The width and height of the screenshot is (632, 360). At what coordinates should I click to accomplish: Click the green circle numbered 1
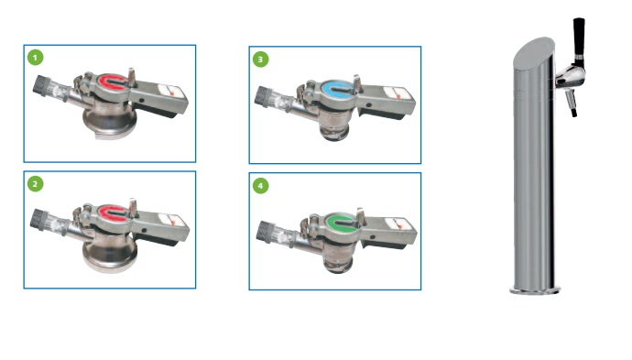(x=35, y=58)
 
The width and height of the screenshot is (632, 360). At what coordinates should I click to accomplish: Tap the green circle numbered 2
(x=35, y=184)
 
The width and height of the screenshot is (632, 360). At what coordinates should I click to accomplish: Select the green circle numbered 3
(x=260, y=60)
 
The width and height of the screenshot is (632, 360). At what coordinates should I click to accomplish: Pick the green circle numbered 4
(x=260, y=186)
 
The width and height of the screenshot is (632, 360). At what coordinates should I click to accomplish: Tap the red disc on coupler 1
(x=109, y=81)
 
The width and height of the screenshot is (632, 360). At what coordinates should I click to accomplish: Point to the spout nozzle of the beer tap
(x=572, y=104)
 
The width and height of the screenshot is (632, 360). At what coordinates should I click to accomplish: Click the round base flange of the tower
(x=535, y=290)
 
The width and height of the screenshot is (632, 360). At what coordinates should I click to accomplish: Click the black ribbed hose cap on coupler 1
(x=40, y=86)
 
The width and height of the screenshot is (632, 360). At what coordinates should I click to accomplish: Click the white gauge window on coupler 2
(x=171, y=220)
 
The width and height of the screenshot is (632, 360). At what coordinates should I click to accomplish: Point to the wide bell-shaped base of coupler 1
(x=110, y=122)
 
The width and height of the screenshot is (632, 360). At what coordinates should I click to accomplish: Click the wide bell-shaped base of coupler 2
(x=110, y=254)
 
